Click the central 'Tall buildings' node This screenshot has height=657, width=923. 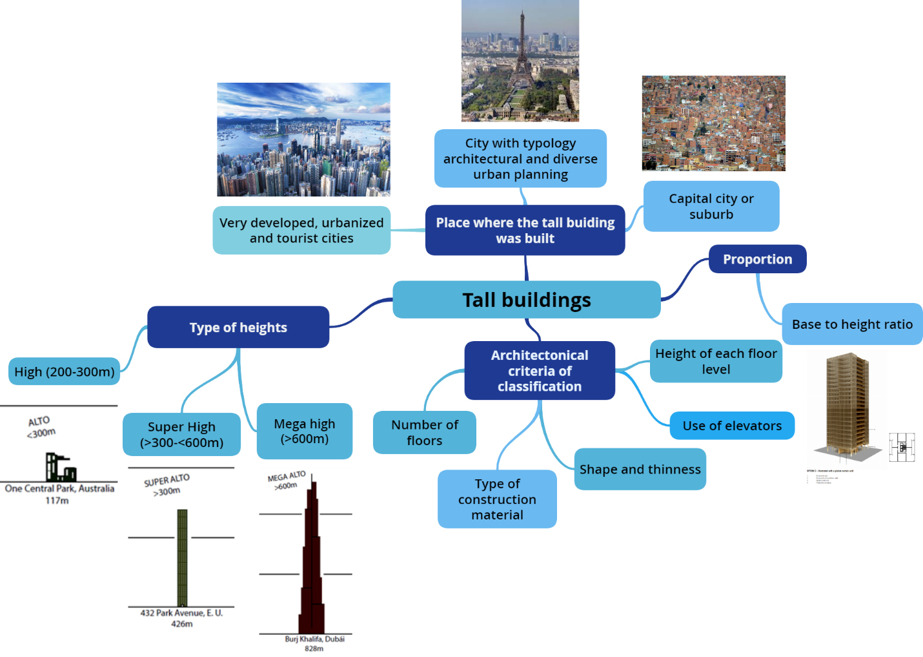pyautogui.click(x=526, y=300)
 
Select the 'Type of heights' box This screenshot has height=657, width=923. pyautogui.click(x=238, y=328)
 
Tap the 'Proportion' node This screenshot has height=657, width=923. pyautogui.click(x=757, y=259)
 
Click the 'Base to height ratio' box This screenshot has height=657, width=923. pyautogui.click(x=852, y=324)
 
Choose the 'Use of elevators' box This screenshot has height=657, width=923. pyautogui.click(x=732, y=426)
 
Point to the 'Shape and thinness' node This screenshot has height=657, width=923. pyautogui.click(x=640, y=470)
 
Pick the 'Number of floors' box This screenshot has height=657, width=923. pyautogui.click(x=424, y=433)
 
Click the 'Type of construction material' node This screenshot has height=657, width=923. pyautogui.click(x=497, y=499)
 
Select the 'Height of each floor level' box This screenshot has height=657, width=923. pyautogui.click(x=716, y=362)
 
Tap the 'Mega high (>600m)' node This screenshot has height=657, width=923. pyautogui.click(x=305, y=432)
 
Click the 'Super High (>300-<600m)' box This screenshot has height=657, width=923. pyautogui.click(x=181, y=435)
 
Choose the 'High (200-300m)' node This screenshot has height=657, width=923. pyautogui.click(x=65, y=371)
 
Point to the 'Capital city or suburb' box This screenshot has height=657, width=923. pyautogui.click(x=711, y=206)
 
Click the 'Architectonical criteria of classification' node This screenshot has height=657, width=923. pyautogui.click(x=540, y=371)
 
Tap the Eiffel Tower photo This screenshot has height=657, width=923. pyautogui.click(x=520, y=61)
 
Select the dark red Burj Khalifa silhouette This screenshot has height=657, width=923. pyautogui.click(x=312, y=568)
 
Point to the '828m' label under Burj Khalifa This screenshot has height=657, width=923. pyautogui.click(x=314, y=649)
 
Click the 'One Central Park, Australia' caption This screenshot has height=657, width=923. pyautogui.click(x=59, y=488)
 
